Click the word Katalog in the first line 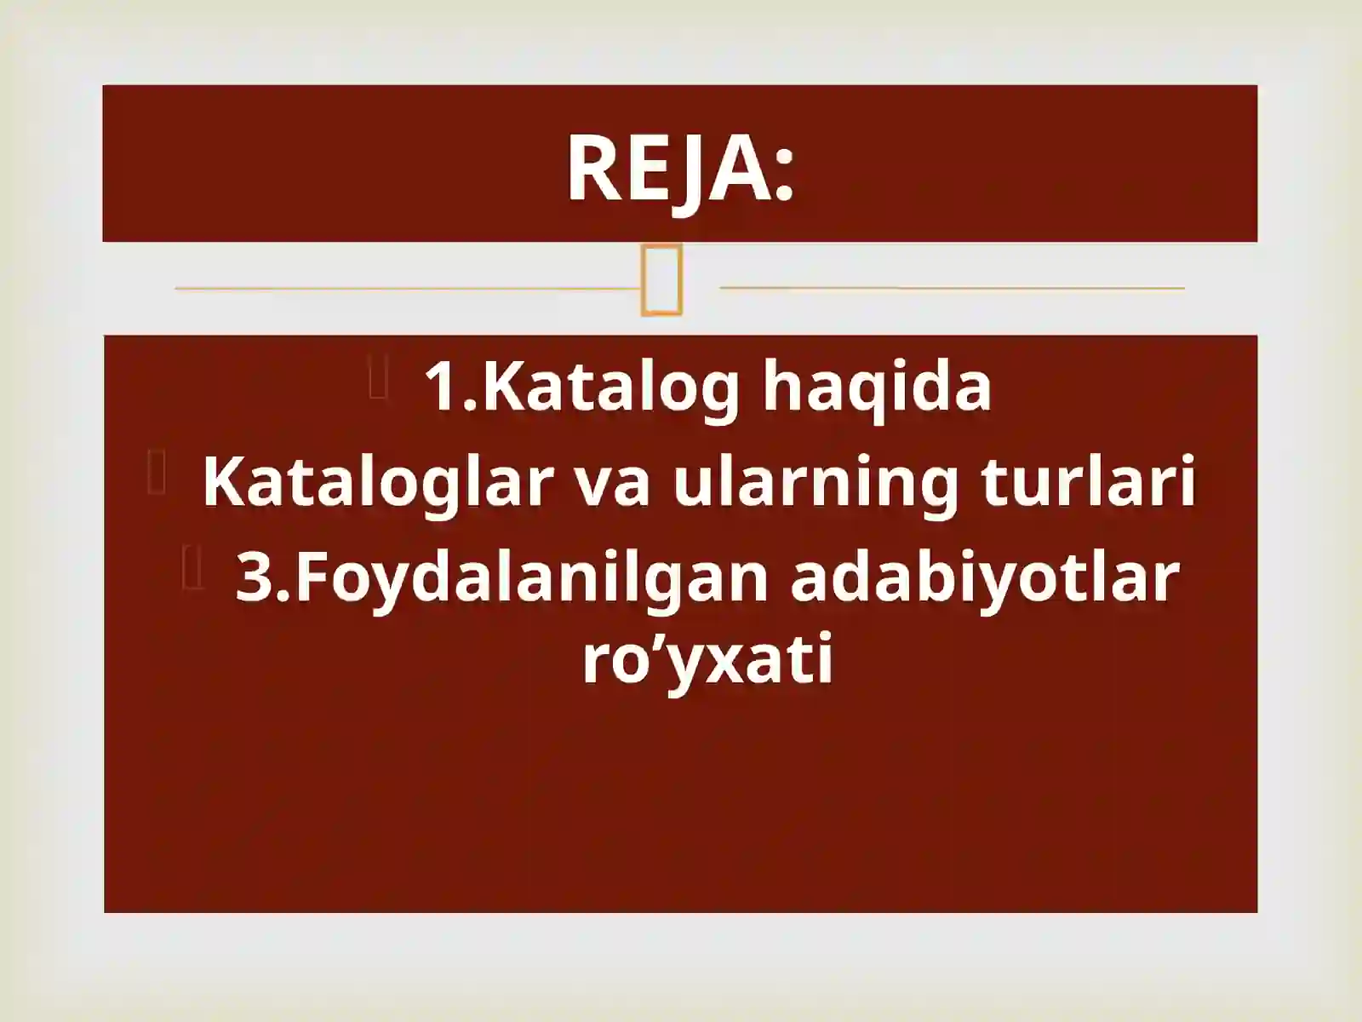pos(611,388)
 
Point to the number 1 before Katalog pos(441,388)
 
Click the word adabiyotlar pos(984,577)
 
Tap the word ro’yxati pos(707,660)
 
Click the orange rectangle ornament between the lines pos(661,280)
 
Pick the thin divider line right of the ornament pos(952,288)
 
